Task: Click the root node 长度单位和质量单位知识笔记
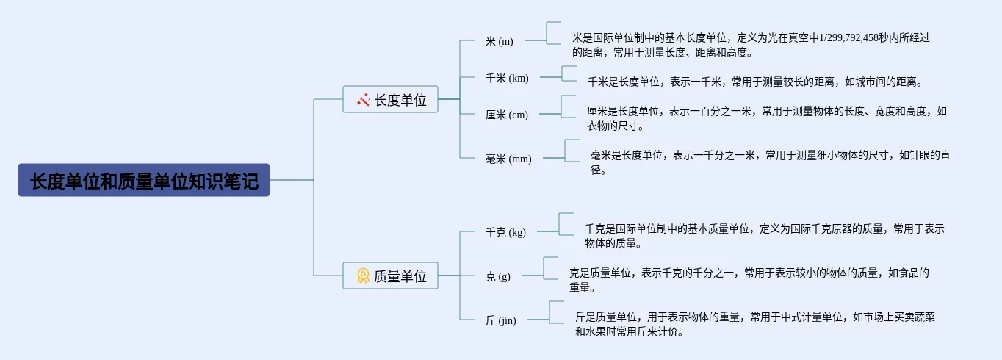144,180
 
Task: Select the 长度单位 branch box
390,99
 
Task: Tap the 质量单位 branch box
390,276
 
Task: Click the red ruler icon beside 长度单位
363,100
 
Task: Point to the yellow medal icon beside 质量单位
363,276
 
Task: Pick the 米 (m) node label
500,41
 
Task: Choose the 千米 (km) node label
507,78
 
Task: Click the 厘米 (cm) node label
506,115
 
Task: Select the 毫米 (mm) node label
508,159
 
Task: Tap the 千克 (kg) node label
505,232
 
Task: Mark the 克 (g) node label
497,276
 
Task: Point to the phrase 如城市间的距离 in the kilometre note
882,82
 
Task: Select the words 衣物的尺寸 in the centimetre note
611,126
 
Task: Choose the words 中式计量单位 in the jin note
807,317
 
